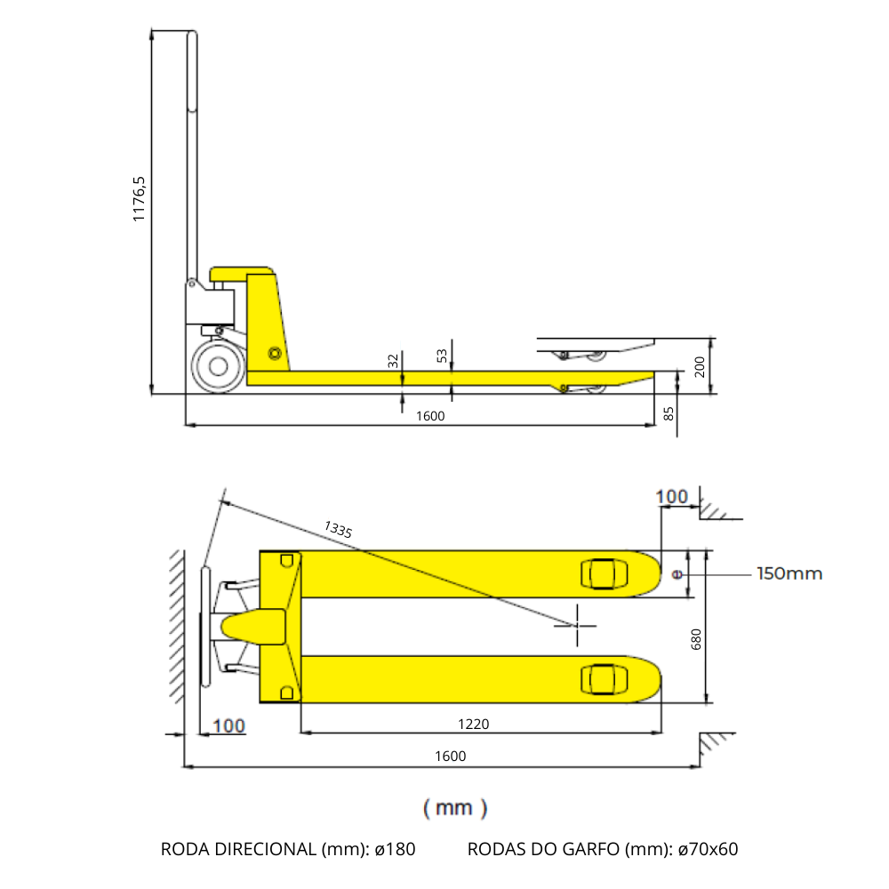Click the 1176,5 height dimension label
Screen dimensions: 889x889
point(140,198)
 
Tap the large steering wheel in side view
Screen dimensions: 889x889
point(217,365)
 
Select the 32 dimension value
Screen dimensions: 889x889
point(393,360)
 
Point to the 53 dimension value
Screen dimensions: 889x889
point(442,356)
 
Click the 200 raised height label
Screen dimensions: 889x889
point(700,365)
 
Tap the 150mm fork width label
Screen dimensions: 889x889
point(789,573)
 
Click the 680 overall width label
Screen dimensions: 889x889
point(696,640)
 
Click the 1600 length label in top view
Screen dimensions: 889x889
point(450,756)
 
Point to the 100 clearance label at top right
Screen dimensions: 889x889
point(672,496)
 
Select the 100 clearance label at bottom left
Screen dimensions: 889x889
point(228,725)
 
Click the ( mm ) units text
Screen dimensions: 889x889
point(455,807)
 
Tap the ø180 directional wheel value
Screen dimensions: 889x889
point(395,849)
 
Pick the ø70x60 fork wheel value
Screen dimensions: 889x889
point(708,849)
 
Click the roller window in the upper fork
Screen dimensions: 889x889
point(600,573)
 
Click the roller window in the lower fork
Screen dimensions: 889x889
point(600,679)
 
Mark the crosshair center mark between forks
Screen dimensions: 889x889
point(575,625)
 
